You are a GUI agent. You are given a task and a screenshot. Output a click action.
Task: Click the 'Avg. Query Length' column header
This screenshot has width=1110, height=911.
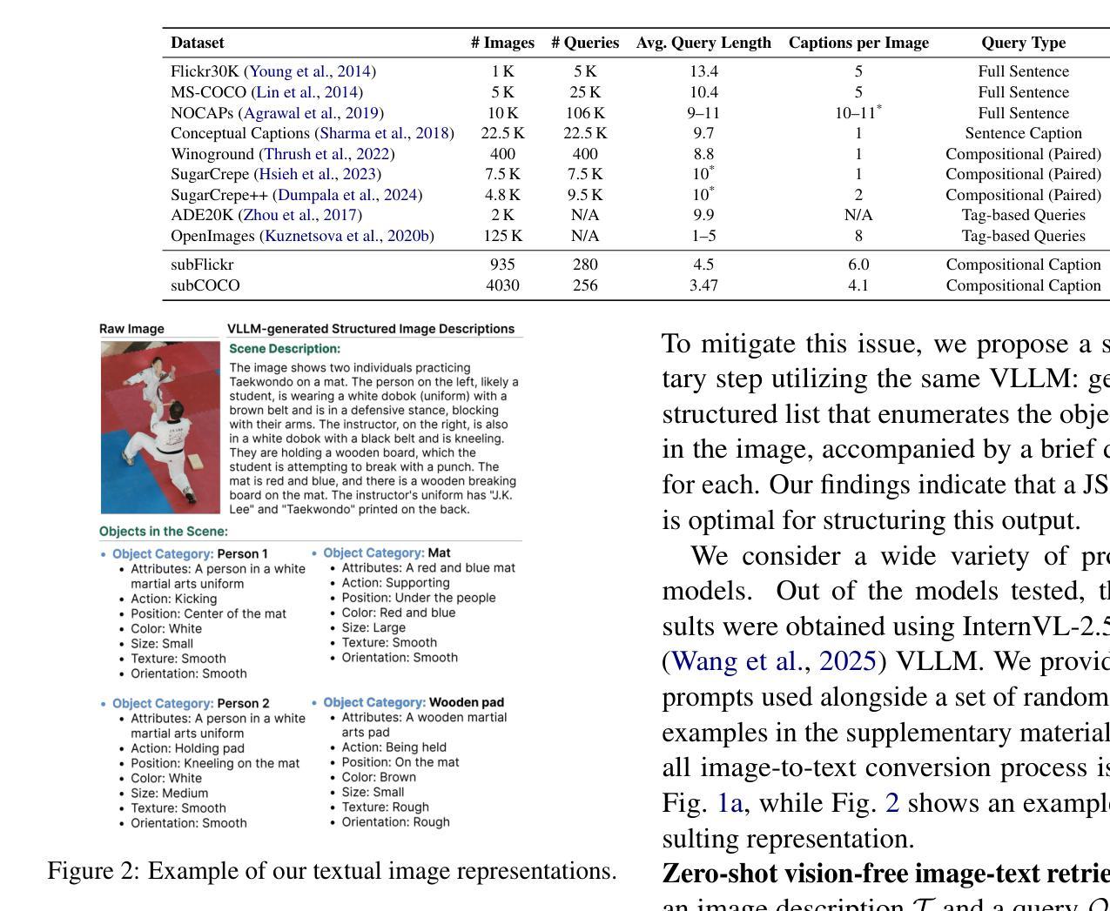(x=703, y=43)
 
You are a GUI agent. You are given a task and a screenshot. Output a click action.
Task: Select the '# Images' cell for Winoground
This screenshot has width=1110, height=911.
(x=502, y=154)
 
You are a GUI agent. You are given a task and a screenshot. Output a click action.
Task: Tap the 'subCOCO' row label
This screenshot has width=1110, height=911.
(x=205, y=285)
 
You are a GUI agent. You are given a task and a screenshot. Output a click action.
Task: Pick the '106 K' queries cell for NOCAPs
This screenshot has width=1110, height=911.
(x=585, y=113)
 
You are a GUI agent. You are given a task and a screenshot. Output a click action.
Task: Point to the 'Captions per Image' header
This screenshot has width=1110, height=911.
(x=858, y=43)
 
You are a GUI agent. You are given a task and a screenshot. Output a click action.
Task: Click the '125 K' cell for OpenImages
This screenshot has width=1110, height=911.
(x=502, y=236)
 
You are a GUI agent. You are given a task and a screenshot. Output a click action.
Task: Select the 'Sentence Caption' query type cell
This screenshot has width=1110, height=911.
(x=1023, y=133)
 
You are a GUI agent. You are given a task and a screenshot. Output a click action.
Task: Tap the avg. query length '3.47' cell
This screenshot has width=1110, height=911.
(x=703, y=285)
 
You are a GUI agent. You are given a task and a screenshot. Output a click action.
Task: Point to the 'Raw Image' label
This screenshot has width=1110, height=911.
(x=131, y=329)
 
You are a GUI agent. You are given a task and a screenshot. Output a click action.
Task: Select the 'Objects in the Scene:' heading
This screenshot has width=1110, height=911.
(x=164, y=532)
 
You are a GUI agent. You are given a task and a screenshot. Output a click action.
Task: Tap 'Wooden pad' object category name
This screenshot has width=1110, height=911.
(x=466, y=702)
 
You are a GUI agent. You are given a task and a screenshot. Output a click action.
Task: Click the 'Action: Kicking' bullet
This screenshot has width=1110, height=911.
(x=173, y=599)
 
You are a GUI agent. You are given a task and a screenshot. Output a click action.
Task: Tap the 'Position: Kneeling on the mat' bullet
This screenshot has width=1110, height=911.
(x=214, y=763)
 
